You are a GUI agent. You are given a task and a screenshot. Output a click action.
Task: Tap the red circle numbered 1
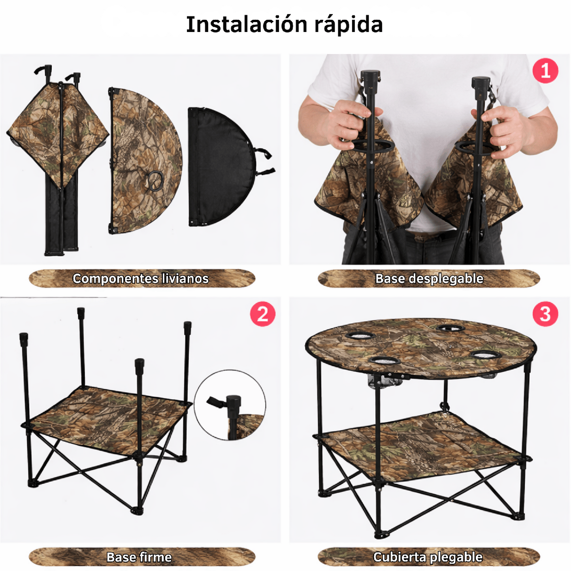[545, 71]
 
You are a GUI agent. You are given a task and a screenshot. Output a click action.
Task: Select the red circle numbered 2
[262, 314]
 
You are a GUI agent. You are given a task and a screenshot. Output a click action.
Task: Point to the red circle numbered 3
[545, 314]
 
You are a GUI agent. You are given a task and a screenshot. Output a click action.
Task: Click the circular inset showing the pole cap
[230, 405]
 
